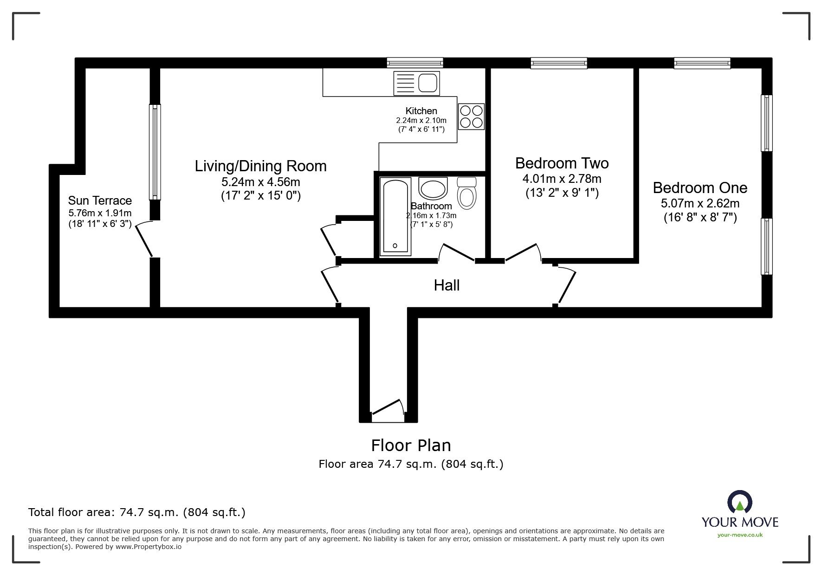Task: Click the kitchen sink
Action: tap(416, 84)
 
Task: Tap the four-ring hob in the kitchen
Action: tap(471, 116)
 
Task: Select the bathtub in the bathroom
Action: tap(395, 216)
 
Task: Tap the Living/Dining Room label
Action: tap(260, 166)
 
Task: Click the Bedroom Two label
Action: tap(562, 163)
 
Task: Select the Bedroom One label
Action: tap(700, 187)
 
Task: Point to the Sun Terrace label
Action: tap(100, 200)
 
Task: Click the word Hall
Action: tap(447, 285)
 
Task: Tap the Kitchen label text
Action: tap(421, 111)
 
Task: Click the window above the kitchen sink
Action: tap(415, 63)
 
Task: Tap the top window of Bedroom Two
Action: tap(559, 63)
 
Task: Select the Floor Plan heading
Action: tap(411, 446)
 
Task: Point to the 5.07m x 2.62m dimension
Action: tap(700, 203)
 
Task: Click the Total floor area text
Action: tap(137, 512)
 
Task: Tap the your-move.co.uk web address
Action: tap(740, 535)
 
